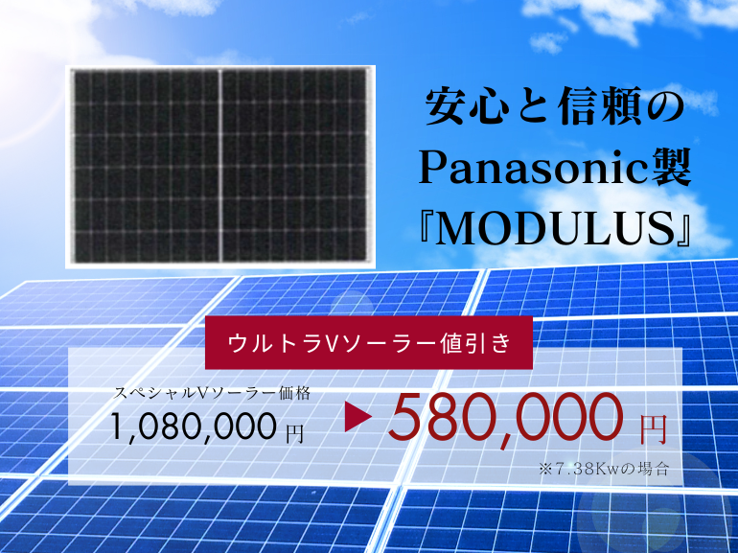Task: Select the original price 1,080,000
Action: coord(194,426)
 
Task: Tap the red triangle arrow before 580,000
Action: coord(357,417)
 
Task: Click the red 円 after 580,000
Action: coord(654,429)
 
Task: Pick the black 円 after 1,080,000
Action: coord(294,433)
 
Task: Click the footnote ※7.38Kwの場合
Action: coord(605,469)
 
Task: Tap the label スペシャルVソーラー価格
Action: coord(211,393)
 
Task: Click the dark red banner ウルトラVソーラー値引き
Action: coord(369,342)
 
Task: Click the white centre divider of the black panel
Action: coord(219,165)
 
